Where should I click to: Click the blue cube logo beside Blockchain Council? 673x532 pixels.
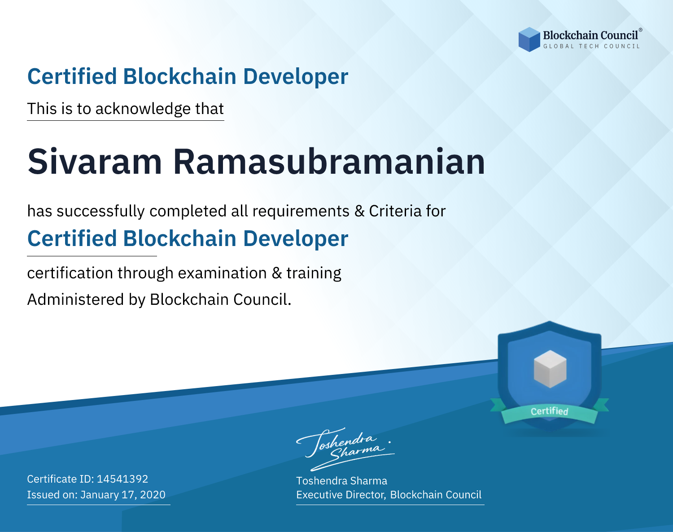pos(529,40)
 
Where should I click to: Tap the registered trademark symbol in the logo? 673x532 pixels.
pos(641,30)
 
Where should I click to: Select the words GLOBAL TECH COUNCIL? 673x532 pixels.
pos(591,46)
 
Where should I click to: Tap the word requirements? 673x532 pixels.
pos(301,211)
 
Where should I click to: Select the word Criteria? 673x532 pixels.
pos(395,211)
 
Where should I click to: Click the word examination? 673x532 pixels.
pos(223,273)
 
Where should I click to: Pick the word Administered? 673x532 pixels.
pos(75,299)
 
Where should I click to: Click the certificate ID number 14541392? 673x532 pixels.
pos(122,479)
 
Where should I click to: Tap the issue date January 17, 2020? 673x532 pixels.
pos(123,495)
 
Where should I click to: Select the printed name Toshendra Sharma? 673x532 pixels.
pos(341,481)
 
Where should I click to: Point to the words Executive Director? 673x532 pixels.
pos(341,495)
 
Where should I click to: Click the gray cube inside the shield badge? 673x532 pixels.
pos(550,369)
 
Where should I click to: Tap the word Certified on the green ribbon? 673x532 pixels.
pos(550,411)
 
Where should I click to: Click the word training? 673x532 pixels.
pos(314,273)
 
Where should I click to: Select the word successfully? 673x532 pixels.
pos(101,211)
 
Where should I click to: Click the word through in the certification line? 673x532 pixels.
pos(145,273)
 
